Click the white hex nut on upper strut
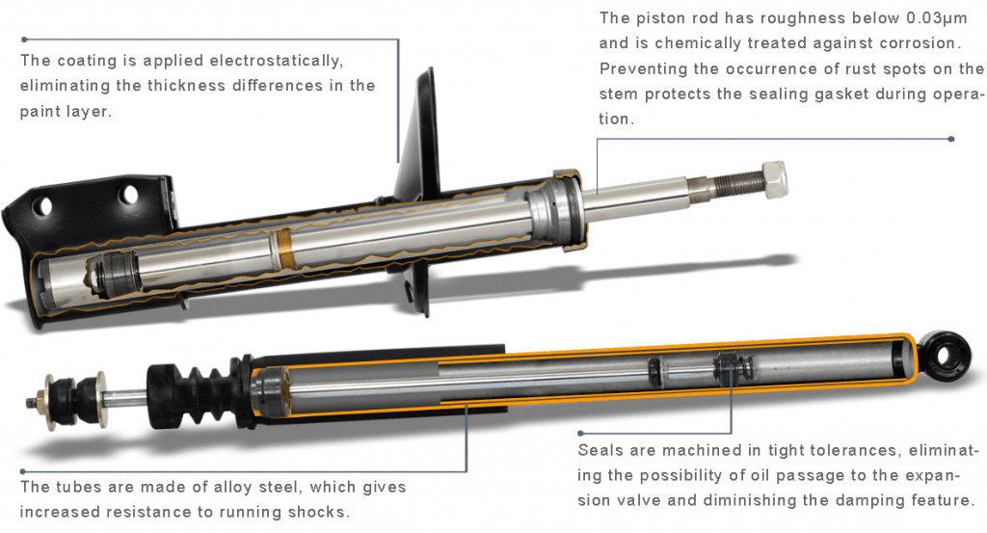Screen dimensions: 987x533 774,178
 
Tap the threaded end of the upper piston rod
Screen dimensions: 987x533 731,184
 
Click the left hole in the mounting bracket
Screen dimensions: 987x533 42,205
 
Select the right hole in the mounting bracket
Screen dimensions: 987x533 128,195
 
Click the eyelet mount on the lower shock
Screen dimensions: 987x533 944,356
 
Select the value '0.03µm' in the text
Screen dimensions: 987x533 936,18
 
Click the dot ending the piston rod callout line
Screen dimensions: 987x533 951,139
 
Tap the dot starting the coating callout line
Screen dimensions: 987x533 24,40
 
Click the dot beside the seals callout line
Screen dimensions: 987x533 580,434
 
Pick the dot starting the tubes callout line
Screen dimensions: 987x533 23,471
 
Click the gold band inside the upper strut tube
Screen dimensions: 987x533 284,248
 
